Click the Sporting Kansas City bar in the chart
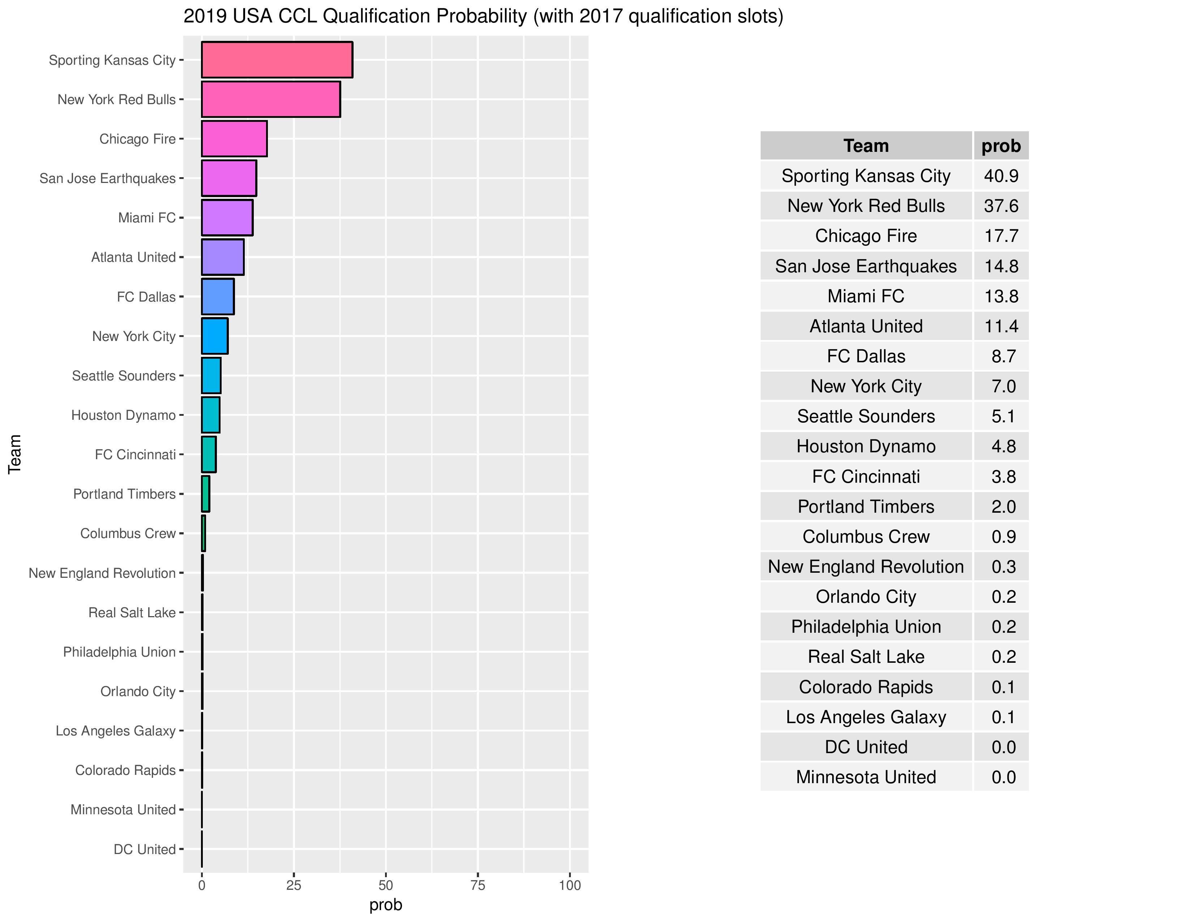pos(277,60)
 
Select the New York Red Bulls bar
pos(271,99)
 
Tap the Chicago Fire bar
pos(234,139)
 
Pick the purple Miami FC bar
pos(227,217)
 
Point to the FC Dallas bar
pos(218,296)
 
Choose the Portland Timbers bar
pos(205,494)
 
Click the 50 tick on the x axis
pos(386,885)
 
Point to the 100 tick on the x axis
pos(570,885)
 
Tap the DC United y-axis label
pos(144,849)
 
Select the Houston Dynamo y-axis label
pos(123,415)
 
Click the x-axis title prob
pos(386,905)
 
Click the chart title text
pos(483,16)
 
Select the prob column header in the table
pos(1001,146)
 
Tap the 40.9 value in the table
pos(1001,176)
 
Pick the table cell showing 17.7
pos(1001,236)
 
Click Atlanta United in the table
pos(866,326)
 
